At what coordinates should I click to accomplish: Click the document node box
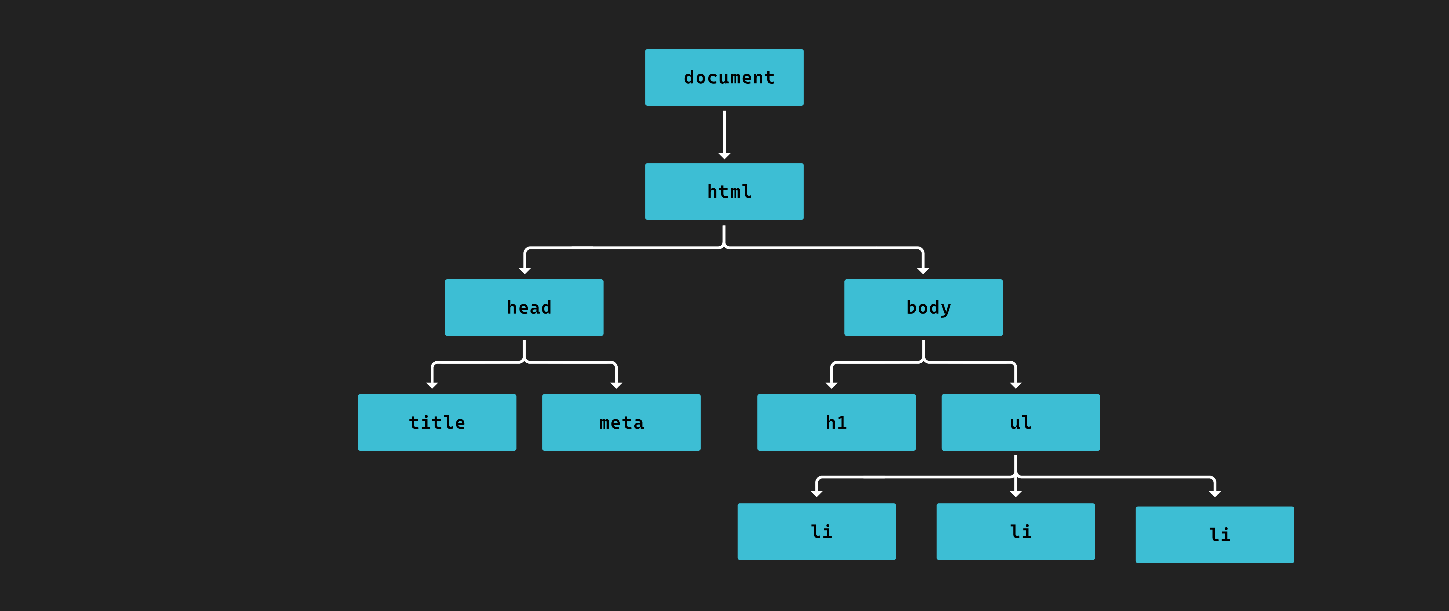pyautogui.click(x=724, y=77)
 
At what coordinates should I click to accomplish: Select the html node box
pyautogui.click(x=724, y=192)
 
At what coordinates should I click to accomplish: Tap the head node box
pyautogui.click(x=524, y=307)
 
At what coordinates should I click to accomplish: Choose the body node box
pyautogui.click(x=923, y=307)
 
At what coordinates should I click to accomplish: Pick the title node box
pyautogui.click(x=437, y=422)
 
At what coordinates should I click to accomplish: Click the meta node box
pyautogui.click(x=621, y=422)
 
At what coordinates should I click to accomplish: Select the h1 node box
pyautogui.click(x=836, y=422)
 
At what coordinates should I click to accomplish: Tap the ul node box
pyautogui.click(x=1020, y=422)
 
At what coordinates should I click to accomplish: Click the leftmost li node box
pyautogui.click(x=816, y=531)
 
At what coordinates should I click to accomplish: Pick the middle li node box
pyautogui.click(x=1015, y=531)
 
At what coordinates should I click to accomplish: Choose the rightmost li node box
pyautogui.click(x=1214, y=535)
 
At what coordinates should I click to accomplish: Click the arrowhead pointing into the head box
pyautogui.click(x=525, y=271)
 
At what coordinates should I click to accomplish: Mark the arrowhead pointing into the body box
pyautogui.click(x=923, y=271)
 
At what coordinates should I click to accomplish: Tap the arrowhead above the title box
pyautogui.click(x=432, y=386)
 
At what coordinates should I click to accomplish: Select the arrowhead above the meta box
pyautogui.click(x=617, y=386)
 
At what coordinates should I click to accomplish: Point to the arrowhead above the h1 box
pyautogui.click(x=831, y=386)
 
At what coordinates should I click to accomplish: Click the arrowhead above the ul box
pyautogui.click(x=1016, y=386)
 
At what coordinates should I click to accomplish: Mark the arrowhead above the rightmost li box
pyautogui.click(x=1215, y=494)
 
